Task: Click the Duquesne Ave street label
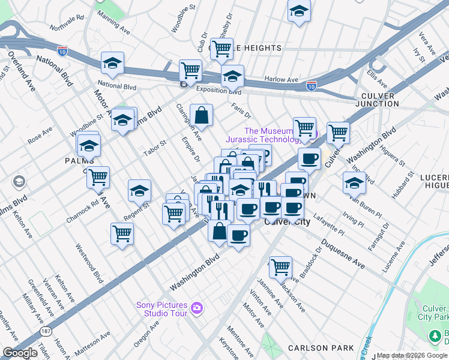(343, 254)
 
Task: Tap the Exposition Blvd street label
(219, 91)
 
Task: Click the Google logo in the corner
(20, 352)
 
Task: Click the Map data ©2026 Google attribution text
(412, 355)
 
